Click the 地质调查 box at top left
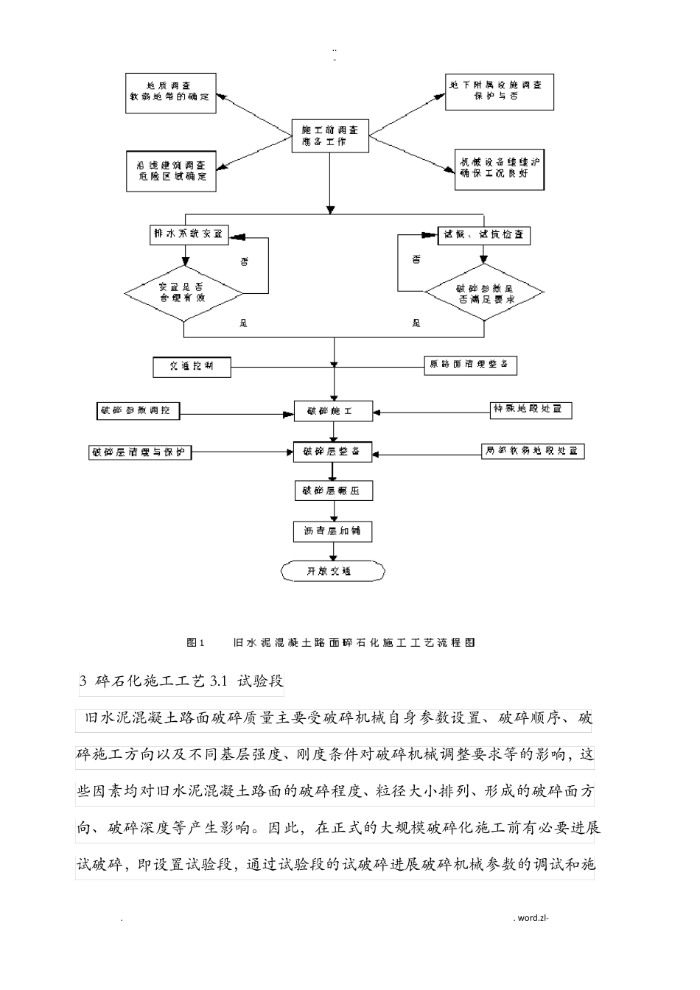tap(170, 93)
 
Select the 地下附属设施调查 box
tap(499, 92)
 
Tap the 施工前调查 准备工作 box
tap(329, 136)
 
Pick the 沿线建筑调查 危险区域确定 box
tap(170, 172)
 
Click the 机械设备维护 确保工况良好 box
tap(502, 169)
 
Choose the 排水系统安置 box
tap(188, 235)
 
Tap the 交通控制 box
tap(192, 366)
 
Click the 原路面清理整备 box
tap(470, 365)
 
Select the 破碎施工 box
tap(334, 411)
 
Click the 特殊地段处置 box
tap(531, 409)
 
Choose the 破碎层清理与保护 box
tap(139, 452)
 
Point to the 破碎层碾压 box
tap(334, 491)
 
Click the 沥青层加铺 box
tap(334, 531)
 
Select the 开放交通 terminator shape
tap(333, 571)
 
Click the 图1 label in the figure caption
tap(195, 642)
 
